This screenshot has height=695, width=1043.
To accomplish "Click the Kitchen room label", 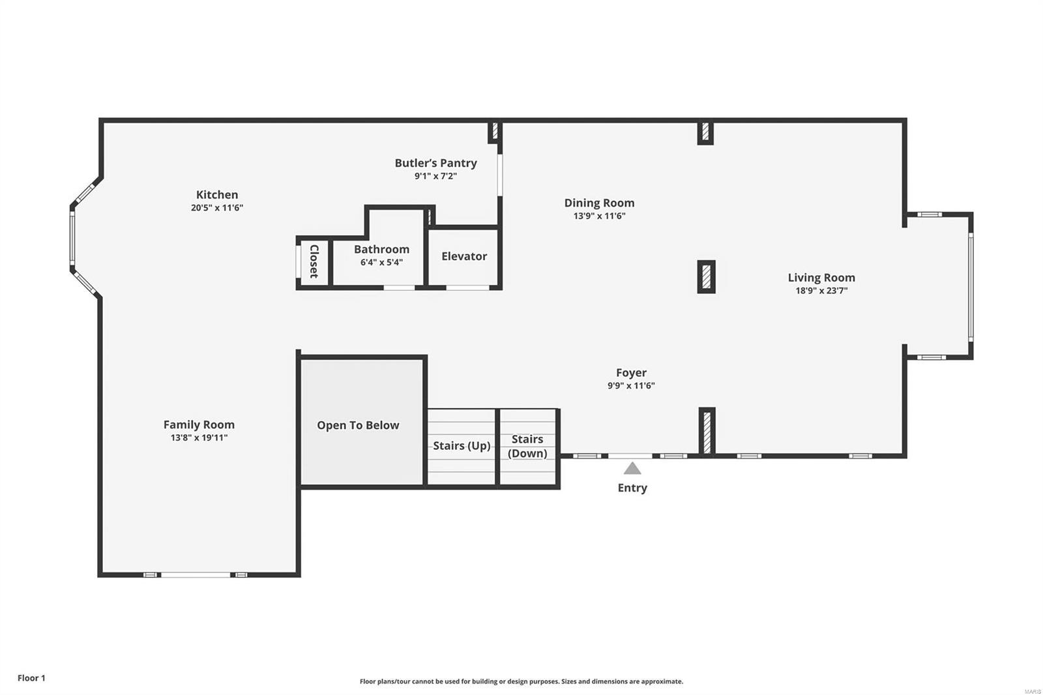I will point(217,194).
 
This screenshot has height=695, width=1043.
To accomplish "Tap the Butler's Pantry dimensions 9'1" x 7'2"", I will point(435,176).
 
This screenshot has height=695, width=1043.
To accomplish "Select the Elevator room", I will point(463,256).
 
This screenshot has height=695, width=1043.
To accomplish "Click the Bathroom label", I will point(381,249).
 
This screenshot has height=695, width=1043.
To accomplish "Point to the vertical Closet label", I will point(314,261).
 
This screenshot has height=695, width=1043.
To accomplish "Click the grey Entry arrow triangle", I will point(632,468).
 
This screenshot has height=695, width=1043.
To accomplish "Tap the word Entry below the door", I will point(632,488).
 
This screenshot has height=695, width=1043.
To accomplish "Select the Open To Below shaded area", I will point(358,425).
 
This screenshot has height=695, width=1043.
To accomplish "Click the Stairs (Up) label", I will point(462,445).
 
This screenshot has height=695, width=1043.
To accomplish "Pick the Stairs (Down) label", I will point(527,446).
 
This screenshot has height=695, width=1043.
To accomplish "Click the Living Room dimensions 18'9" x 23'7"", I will point(821,291).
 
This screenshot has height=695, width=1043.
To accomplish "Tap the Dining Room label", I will point(599,203).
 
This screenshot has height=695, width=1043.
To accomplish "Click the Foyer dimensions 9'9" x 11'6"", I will point(630,385).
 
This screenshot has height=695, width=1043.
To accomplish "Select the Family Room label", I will point(199,424).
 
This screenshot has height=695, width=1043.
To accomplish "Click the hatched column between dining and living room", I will point(706,276).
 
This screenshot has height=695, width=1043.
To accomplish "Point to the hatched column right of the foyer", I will point(707,431).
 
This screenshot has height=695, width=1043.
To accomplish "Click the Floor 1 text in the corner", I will point(31,678).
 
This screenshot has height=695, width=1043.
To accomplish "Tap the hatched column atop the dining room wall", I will point(705,132).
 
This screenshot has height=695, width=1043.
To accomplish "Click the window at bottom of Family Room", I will point(196,574).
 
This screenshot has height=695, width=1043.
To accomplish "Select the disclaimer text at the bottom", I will point(521,681).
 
